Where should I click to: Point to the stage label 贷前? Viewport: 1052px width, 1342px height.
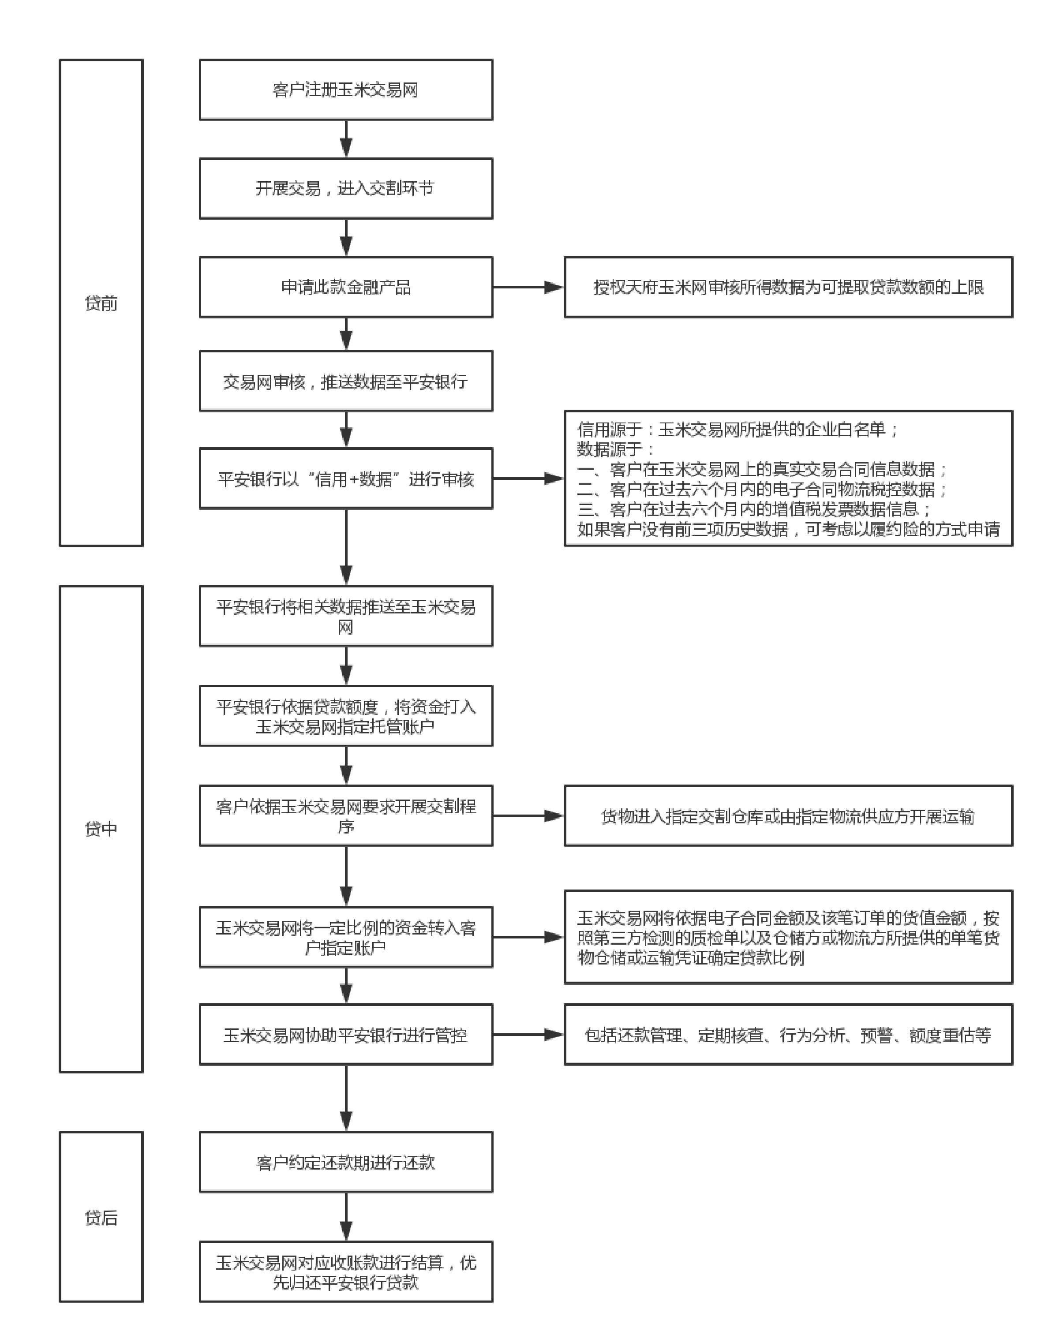101,303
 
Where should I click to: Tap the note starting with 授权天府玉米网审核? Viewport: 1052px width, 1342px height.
788,287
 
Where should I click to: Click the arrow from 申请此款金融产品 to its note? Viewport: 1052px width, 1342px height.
528,287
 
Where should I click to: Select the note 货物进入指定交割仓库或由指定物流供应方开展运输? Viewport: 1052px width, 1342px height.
788,816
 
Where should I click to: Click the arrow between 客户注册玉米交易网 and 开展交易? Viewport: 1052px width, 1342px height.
346,139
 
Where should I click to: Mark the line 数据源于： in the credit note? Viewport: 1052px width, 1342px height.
615,449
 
